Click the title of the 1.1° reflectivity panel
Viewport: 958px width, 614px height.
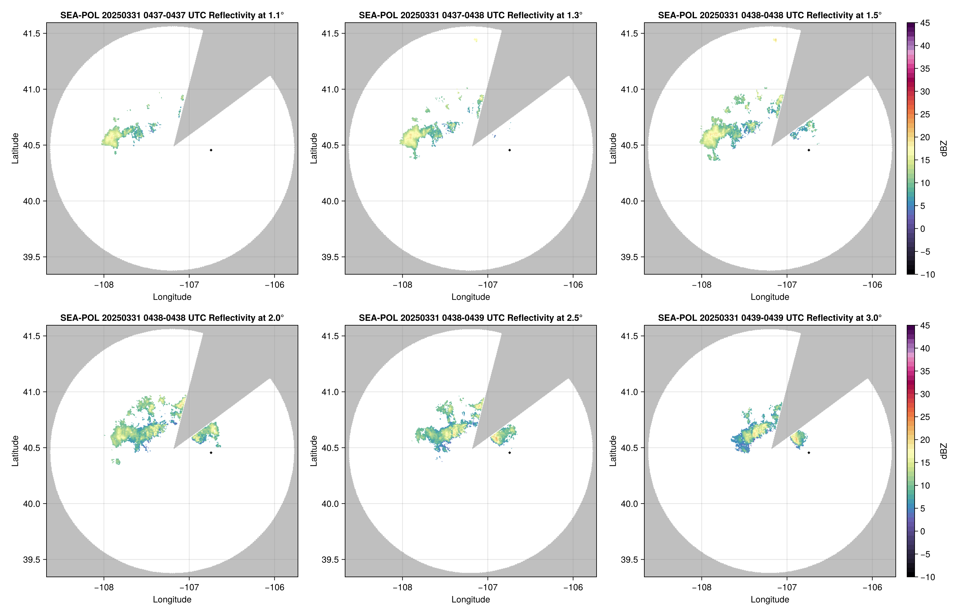172,15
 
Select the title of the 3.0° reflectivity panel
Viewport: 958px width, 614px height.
770,318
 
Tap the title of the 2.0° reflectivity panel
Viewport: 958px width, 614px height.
172,318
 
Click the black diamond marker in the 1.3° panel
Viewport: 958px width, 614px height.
509,150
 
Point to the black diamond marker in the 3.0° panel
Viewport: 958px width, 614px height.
809,453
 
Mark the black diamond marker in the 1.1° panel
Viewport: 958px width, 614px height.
211,150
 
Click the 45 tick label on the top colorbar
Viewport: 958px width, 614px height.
925,23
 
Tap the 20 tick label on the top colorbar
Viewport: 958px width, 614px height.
925,137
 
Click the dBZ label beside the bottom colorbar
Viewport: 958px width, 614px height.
943,451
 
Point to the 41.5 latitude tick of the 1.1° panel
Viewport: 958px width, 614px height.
32,33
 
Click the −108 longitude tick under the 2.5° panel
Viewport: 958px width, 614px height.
402,588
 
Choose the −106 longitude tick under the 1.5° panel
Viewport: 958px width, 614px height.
872,285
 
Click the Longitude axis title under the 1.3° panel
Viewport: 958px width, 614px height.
471,297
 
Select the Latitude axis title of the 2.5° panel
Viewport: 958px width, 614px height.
314,451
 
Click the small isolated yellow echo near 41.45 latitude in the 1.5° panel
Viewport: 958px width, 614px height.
775,40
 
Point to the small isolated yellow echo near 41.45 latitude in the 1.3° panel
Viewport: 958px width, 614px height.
476,40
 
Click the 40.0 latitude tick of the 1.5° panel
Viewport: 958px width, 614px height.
629,201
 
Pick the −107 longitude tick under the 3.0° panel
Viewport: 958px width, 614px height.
787,588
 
